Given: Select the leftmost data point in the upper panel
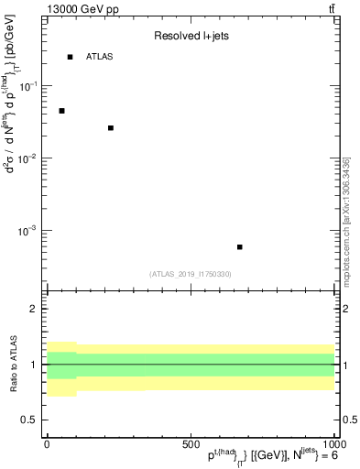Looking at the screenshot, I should (x=61, y=111).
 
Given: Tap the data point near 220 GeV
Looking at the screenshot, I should (x=111, y=128).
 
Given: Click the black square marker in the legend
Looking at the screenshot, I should (x=70, y=57).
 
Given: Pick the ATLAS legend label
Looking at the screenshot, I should (x=99, y=57).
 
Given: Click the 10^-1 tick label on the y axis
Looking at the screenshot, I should (x=27, y=85).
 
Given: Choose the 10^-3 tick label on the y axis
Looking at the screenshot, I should (x=27, y=231).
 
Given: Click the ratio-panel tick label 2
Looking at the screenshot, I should (x=35, y=310).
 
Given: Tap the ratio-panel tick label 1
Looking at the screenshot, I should (x=35, y=365).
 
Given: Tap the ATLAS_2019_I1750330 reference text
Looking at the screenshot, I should (x=191, y=274).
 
